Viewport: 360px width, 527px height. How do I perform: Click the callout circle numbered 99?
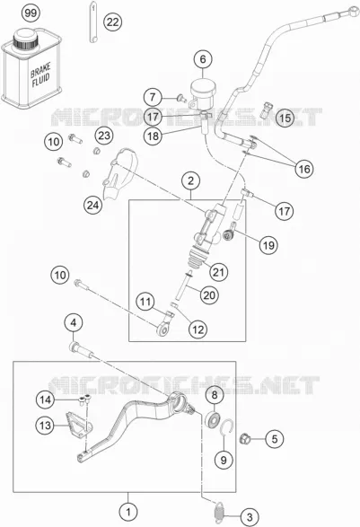[x=31, y=13]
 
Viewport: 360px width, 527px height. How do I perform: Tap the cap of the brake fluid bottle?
[x=25, y=39]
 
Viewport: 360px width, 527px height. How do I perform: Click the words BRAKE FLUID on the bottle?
[x=40, y=75]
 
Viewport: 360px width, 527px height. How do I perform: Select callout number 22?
[x=112, y=22]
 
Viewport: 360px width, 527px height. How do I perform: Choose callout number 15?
[x=285, y=118]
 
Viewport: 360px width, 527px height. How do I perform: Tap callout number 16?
[x=303, y=169]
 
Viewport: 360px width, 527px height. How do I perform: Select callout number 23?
[x=104, y=136]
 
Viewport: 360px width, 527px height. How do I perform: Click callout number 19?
[x=268, y=245]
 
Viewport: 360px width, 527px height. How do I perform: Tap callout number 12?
[x=198, y=329]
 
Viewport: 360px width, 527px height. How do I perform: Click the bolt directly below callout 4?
[x=82, y=349]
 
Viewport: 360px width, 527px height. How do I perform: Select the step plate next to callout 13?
[x=79, y=426]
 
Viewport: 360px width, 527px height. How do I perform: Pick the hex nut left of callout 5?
[x=244, y=438]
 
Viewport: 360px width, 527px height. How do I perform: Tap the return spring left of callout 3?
[x=219, y=511]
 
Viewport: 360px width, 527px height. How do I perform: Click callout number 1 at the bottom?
[x=128, y=512]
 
